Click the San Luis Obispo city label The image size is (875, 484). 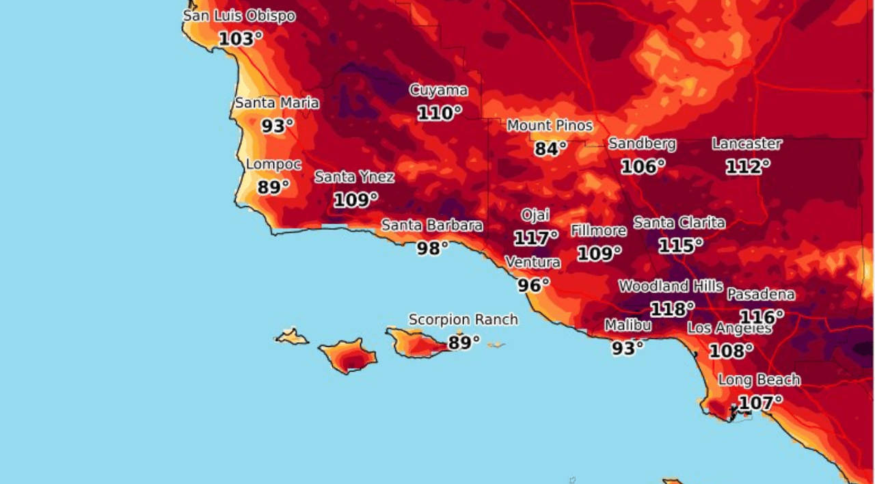click(x=239, y=16)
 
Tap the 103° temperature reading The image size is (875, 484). click(x=240, y=39)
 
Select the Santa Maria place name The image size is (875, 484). click(x=277, y=103)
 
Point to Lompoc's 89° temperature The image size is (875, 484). click(x=273, y=187)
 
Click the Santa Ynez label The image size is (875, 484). click(x=354, y=177)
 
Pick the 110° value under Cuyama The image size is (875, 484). click(x=439, y=113)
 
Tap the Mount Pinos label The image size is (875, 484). click(x=550, y=126)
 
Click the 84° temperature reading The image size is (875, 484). click(x=550, y=148)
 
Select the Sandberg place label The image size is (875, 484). click(x=642, y=144)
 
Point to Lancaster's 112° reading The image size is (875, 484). click(x=747, y=167)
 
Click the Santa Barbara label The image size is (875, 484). click(x=432, y=225)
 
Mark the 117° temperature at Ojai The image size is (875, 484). click(x=535, y=238)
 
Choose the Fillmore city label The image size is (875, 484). click(x=599, y=231)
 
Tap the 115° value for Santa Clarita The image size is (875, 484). click(x=680, y=245)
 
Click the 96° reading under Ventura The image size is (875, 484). click(x=533, y=285)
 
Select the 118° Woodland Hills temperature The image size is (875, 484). click(x=672, y=309)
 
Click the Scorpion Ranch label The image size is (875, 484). click(x=463, y=320)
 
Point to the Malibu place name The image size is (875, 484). click(x=628, y=326)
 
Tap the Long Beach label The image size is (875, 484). click(x=759, y=380)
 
